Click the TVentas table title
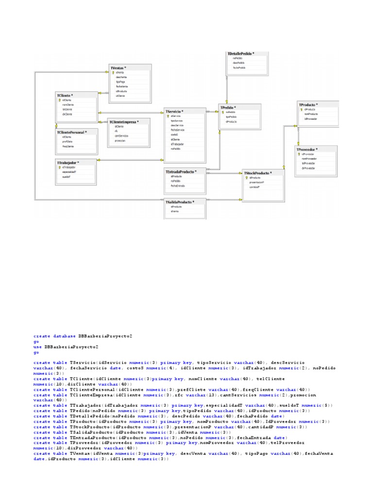click(119, 67)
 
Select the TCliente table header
click(65, 95)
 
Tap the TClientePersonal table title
click(72, 132)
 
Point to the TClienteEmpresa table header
click(124, 121)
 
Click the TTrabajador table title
click(68, 162)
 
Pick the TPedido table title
click(228, 107)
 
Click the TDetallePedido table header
click(241, 53)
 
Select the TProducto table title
click(308, 104)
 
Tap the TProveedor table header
click(307, 149)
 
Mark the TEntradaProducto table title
click(181, 172)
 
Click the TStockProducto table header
click(257, 172)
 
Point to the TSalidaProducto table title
click(180, 202)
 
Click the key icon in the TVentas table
click(113, 72)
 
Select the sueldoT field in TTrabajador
click(66, 177)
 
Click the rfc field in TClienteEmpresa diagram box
click(116, 131)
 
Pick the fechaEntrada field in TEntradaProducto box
click(177, 186)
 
